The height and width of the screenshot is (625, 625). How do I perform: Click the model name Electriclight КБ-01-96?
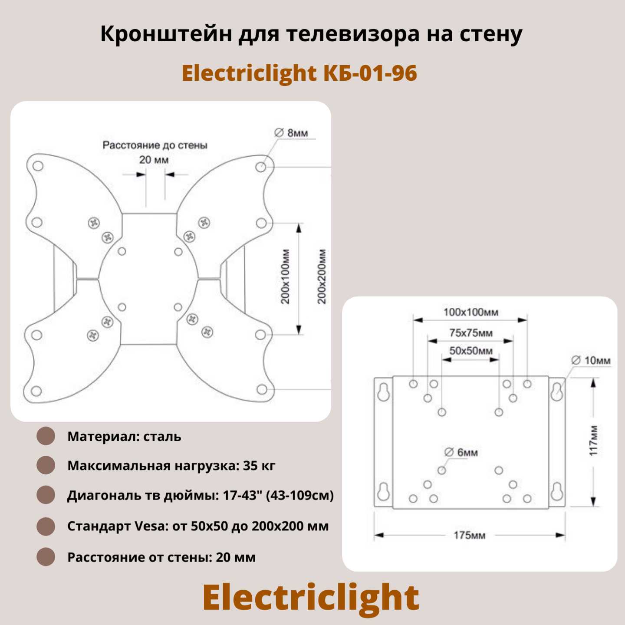click(x=299, y=74)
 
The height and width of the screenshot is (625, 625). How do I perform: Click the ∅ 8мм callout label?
click(x=291, y=133)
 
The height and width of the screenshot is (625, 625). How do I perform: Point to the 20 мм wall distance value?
click(x=154, y=160)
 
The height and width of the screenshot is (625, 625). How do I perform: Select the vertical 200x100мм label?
click(x=286, y=276)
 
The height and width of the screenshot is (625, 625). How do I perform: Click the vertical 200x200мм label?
click(x=322, y=276)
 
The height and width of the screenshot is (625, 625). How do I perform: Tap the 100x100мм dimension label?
click(x=470, y=312)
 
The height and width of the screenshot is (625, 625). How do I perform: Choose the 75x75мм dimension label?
click(x=470, y=333)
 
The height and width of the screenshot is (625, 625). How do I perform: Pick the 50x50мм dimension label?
click(x=470, y=351)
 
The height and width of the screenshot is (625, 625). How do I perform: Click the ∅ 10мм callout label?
click(x=591, y=360)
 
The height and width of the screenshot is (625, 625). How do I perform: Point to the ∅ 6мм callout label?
click(x=461, y=452)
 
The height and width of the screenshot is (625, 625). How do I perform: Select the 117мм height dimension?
click(x=593, y=441)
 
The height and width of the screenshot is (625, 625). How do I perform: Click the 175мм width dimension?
click(x=469, y=535)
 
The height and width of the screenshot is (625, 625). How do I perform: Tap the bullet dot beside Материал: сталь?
click(x=46, y=436)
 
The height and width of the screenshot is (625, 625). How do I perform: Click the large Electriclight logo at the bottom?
click(x=311, y=597)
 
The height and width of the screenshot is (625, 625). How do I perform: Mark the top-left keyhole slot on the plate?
click(x=383, y=392)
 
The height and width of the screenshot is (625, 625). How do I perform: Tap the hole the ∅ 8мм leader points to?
click(x=261, y=167)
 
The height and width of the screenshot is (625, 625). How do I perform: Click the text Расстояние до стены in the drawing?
click(x=155, y=145)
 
